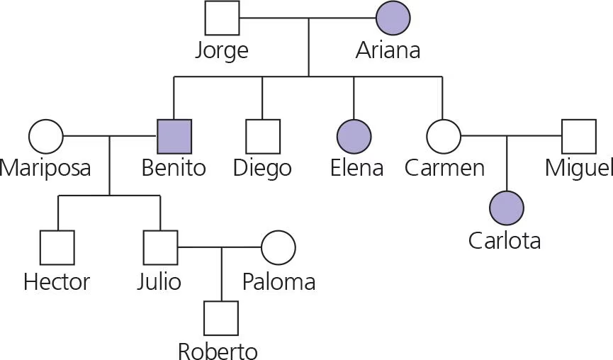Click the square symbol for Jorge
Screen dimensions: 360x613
coord(222,18)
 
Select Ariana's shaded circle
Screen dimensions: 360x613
coord(393,18)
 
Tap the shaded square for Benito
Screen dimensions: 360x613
coord(174,136)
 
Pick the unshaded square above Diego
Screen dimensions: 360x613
coord(263,136)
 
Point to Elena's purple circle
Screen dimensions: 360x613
coord(354,136)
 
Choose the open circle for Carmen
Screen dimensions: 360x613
coord(444,136)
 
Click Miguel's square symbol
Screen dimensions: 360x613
coord(579,136)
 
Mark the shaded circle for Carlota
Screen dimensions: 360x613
coord(507,208)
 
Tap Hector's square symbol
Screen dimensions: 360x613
coord(57,248)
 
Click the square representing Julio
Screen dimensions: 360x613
coord(160,248)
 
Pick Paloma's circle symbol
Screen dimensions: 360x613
coord(279,248)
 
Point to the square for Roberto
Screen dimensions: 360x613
coord(221,318)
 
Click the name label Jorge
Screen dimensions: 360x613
coord(222,51)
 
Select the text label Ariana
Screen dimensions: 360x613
coord(388,51)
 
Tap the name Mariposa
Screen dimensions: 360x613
coord(46,169)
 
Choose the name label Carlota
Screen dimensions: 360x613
coord(505,241)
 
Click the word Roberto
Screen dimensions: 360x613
coord(218,351)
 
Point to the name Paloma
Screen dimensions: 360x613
coord(279,282)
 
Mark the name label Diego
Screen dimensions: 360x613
coord(262,169)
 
